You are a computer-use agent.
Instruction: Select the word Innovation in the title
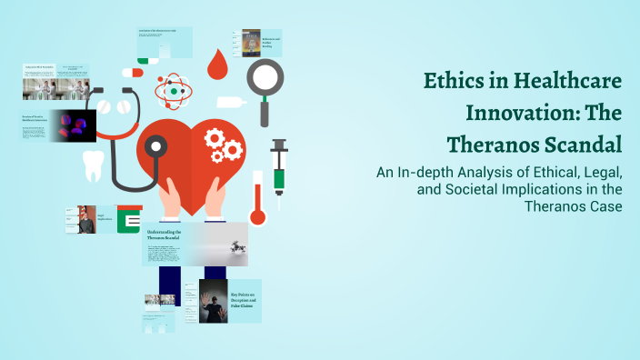click(514, 114)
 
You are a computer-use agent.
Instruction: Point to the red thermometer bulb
click(256, 217)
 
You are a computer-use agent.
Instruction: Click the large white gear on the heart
click(216, 139)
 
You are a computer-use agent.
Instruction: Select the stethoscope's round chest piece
click(156, 147)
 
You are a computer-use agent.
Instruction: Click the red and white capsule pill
click(133, 71)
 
